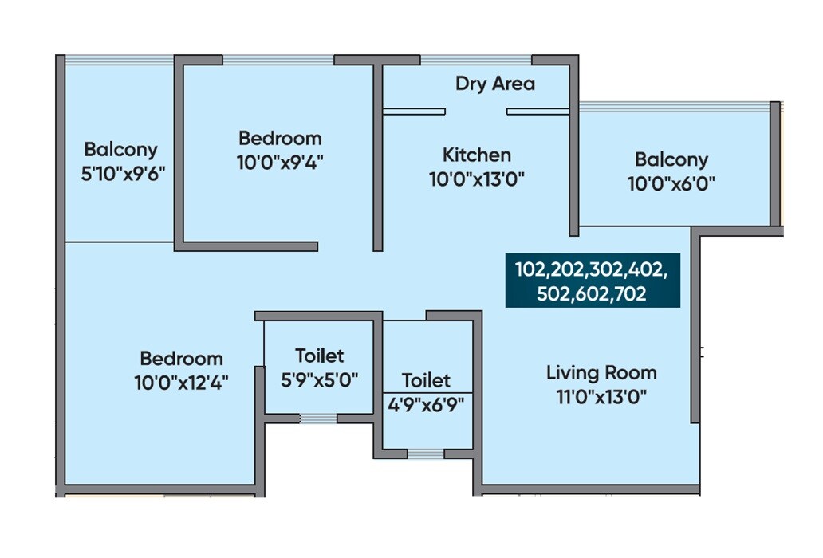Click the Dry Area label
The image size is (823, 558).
[494, 84]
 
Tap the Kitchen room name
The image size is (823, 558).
[477, 155]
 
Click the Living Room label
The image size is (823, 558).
[601, 372]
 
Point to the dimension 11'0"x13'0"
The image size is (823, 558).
[601, 397]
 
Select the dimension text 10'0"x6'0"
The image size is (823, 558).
[671, 183]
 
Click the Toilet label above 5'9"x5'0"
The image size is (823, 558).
[319, 355]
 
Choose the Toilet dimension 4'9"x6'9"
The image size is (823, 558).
[426, 404]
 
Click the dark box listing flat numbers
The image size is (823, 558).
[592, 281]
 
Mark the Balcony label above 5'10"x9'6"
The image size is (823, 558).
[121, 149]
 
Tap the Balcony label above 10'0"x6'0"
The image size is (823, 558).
[671, 159]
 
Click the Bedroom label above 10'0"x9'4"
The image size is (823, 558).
[280, 138]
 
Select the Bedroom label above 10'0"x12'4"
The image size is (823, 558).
[181, 358]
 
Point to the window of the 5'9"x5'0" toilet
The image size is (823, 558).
[318, 418]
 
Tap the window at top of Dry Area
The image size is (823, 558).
[476, 60]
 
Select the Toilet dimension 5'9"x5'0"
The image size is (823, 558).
[319, 379]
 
